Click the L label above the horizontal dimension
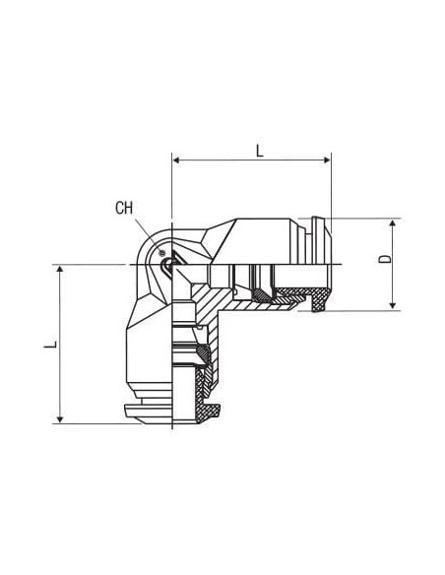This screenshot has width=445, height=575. coord(260,151)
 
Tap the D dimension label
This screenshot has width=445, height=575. coord(385,259)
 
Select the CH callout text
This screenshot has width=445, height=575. coord(124,208)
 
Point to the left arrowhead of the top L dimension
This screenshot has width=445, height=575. coord(176,160)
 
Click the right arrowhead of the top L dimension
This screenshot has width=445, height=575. coord(327,160)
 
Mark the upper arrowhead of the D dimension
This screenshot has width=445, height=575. coord(393,224)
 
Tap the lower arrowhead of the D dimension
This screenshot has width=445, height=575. coord(393,305)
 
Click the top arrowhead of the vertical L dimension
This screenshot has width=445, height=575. coord(60,270)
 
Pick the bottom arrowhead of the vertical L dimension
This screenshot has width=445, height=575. coord(60,419)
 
